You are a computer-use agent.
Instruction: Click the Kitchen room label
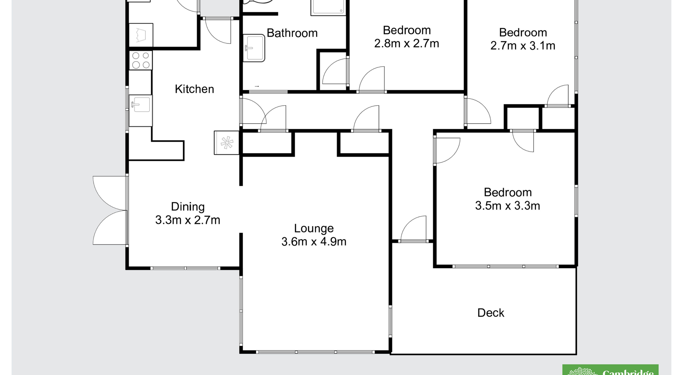point(194,89)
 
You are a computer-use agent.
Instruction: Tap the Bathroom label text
point(292,33)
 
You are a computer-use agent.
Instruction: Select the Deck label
point(491,313)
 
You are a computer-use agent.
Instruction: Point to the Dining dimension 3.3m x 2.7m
point(188,220)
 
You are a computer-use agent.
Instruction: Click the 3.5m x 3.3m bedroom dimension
point(507,206)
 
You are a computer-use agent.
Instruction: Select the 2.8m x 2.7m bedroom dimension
point(407,43)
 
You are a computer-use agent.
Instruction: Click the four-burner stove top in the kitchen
point(141,60)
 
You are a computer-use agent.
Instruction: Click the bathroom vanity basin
point(254,48)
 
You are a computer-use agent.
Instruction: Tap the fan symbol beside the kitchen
point(227,143)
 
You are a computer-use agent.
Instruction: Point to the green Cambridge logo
point(610,370)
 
